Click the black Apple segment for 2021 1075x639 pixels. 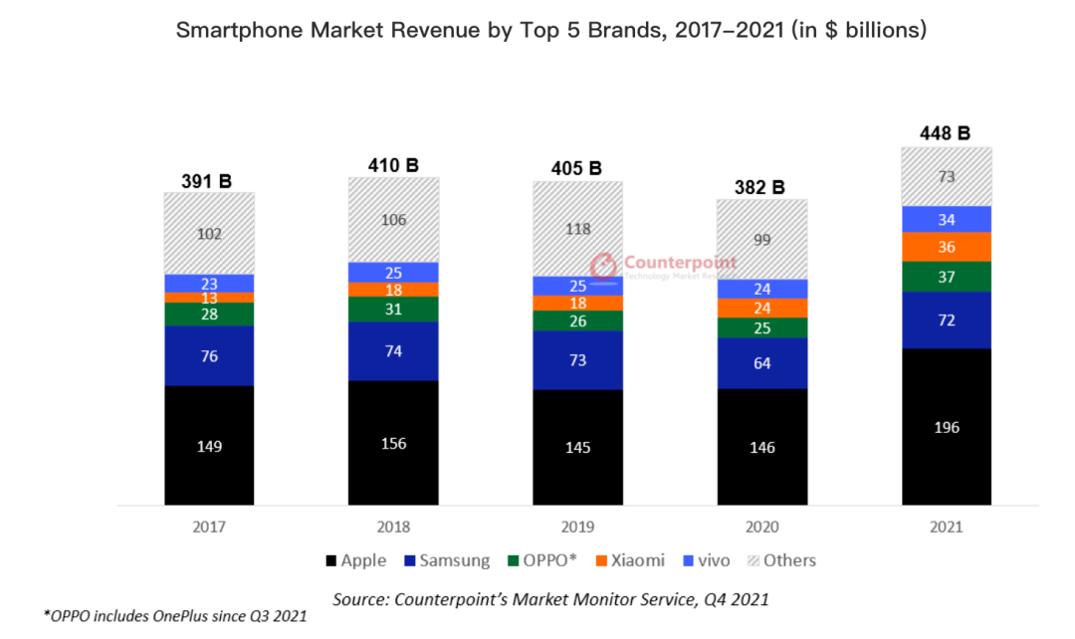click(946, 426)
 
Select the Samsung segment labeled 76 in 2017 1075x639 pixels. click(209, 355)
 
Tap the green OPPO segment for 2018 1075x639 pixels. click(393, 310)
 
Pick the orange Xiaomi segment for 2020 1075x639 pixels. click(761, 308)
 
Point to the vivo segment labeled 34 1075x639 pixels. click(946, 219)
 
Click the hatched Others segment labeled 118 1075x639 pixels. click(577, 229)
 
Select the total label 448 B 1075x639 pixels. click(946, 133)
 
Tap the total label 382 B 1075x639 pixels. click(761, 187)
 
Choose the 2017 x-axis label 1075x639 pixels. click(209, 528)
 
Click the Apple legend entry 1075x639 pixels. click(355, 560)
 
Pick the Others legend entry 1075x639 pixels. click(781, 560)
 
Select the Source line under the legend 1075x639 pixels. click(550, 599)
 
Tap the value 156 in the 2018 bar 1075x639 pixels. click(393, 443)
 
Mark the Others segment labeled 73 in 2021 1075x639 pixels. click(946, 177)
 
